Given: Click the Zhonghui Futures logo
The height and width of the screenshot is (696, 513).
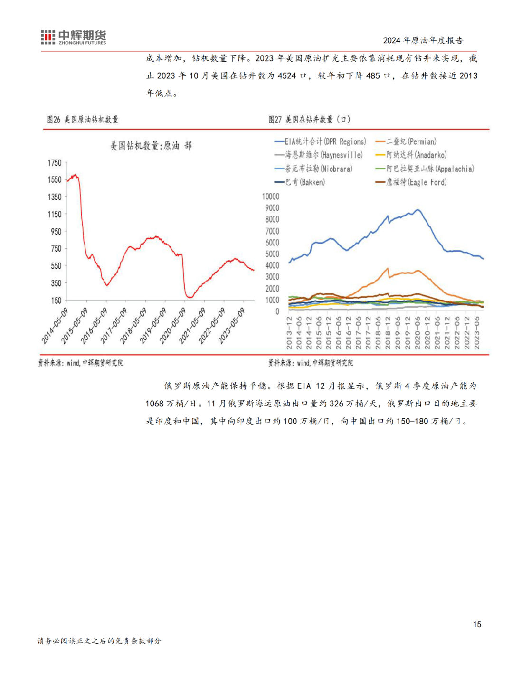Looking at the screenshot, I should point(74,37).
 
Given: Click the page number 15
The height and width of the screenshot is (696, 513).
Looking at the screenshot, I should point(477,624).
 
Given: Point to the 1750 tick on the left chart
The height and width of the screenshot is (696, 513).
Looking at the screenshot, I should point(55,163).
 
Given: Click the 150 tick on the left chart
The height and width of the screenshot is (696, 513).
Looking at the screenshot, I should point(56,301).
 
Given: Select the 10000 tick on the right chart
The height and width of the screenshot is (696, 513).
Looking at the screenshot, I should point(271,197).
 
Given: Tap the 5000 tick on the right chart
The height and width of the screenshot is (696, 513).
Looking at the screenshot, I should point(272,254).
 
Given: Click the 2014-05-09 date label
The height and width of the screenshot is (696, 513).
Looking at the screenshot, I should point(55,326).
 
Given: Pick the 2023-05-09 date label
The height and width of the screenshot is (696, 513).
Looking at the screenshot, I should point(232,326).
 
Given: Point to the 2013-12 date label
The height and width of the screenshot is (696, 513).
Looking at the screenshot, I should point(289,333).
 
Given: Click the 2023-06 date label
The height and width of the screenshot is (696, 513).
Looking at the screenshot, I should point(477,333).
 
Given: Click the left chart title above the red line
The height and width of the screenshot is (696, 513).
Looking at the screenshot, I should point(151,146).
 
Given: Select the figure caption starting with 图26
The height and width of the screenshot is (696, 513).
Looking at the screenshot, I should point(83,120).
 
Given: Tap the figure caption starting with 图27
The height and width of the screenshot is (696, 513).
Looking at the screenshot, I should point(309,120).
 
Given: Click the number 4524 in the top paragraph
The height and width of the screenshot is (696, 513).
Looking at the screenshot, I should point(287,76).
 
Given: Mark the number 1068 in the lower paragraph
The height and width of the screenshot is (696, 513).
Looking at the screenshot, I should point(154,404).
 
